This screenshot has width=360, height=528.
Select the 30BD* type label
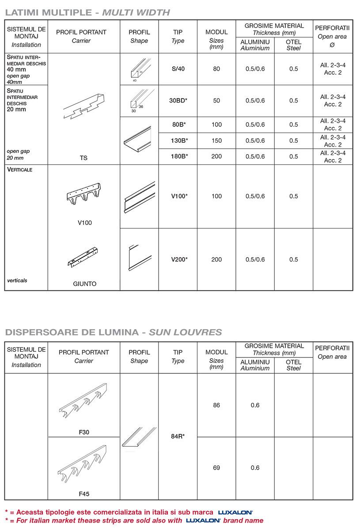pos(178,100)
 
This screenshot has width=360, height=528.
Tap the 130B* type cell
pos(178,141)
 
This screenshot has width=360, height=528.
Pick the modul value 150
pos(216,141)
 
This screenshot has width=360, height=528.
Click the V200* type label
pos(179,259)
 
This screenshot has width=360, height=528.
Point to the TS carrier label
pos(84,158)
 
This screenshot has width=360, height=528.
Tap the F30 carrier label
pos(84,432)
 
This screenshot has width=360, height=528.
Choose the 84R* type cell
pos(178,436)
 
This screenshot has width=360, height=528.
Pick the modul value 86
pos(216,405)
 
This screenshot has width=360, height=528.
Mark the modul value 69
pos(216,467)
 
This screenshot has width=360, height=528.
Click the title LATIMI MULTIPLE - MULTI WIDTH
pos(87,12)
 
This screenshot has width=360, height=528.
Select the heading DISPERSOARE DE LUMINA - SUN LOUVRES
pos(113,332)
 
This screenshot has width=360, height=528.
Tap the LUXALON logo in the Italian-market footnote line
pos(203,520)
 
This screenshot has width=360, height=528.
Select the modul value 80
pos(216,69)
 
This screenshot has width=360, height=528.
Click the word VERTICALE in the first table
pos(20,170)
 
